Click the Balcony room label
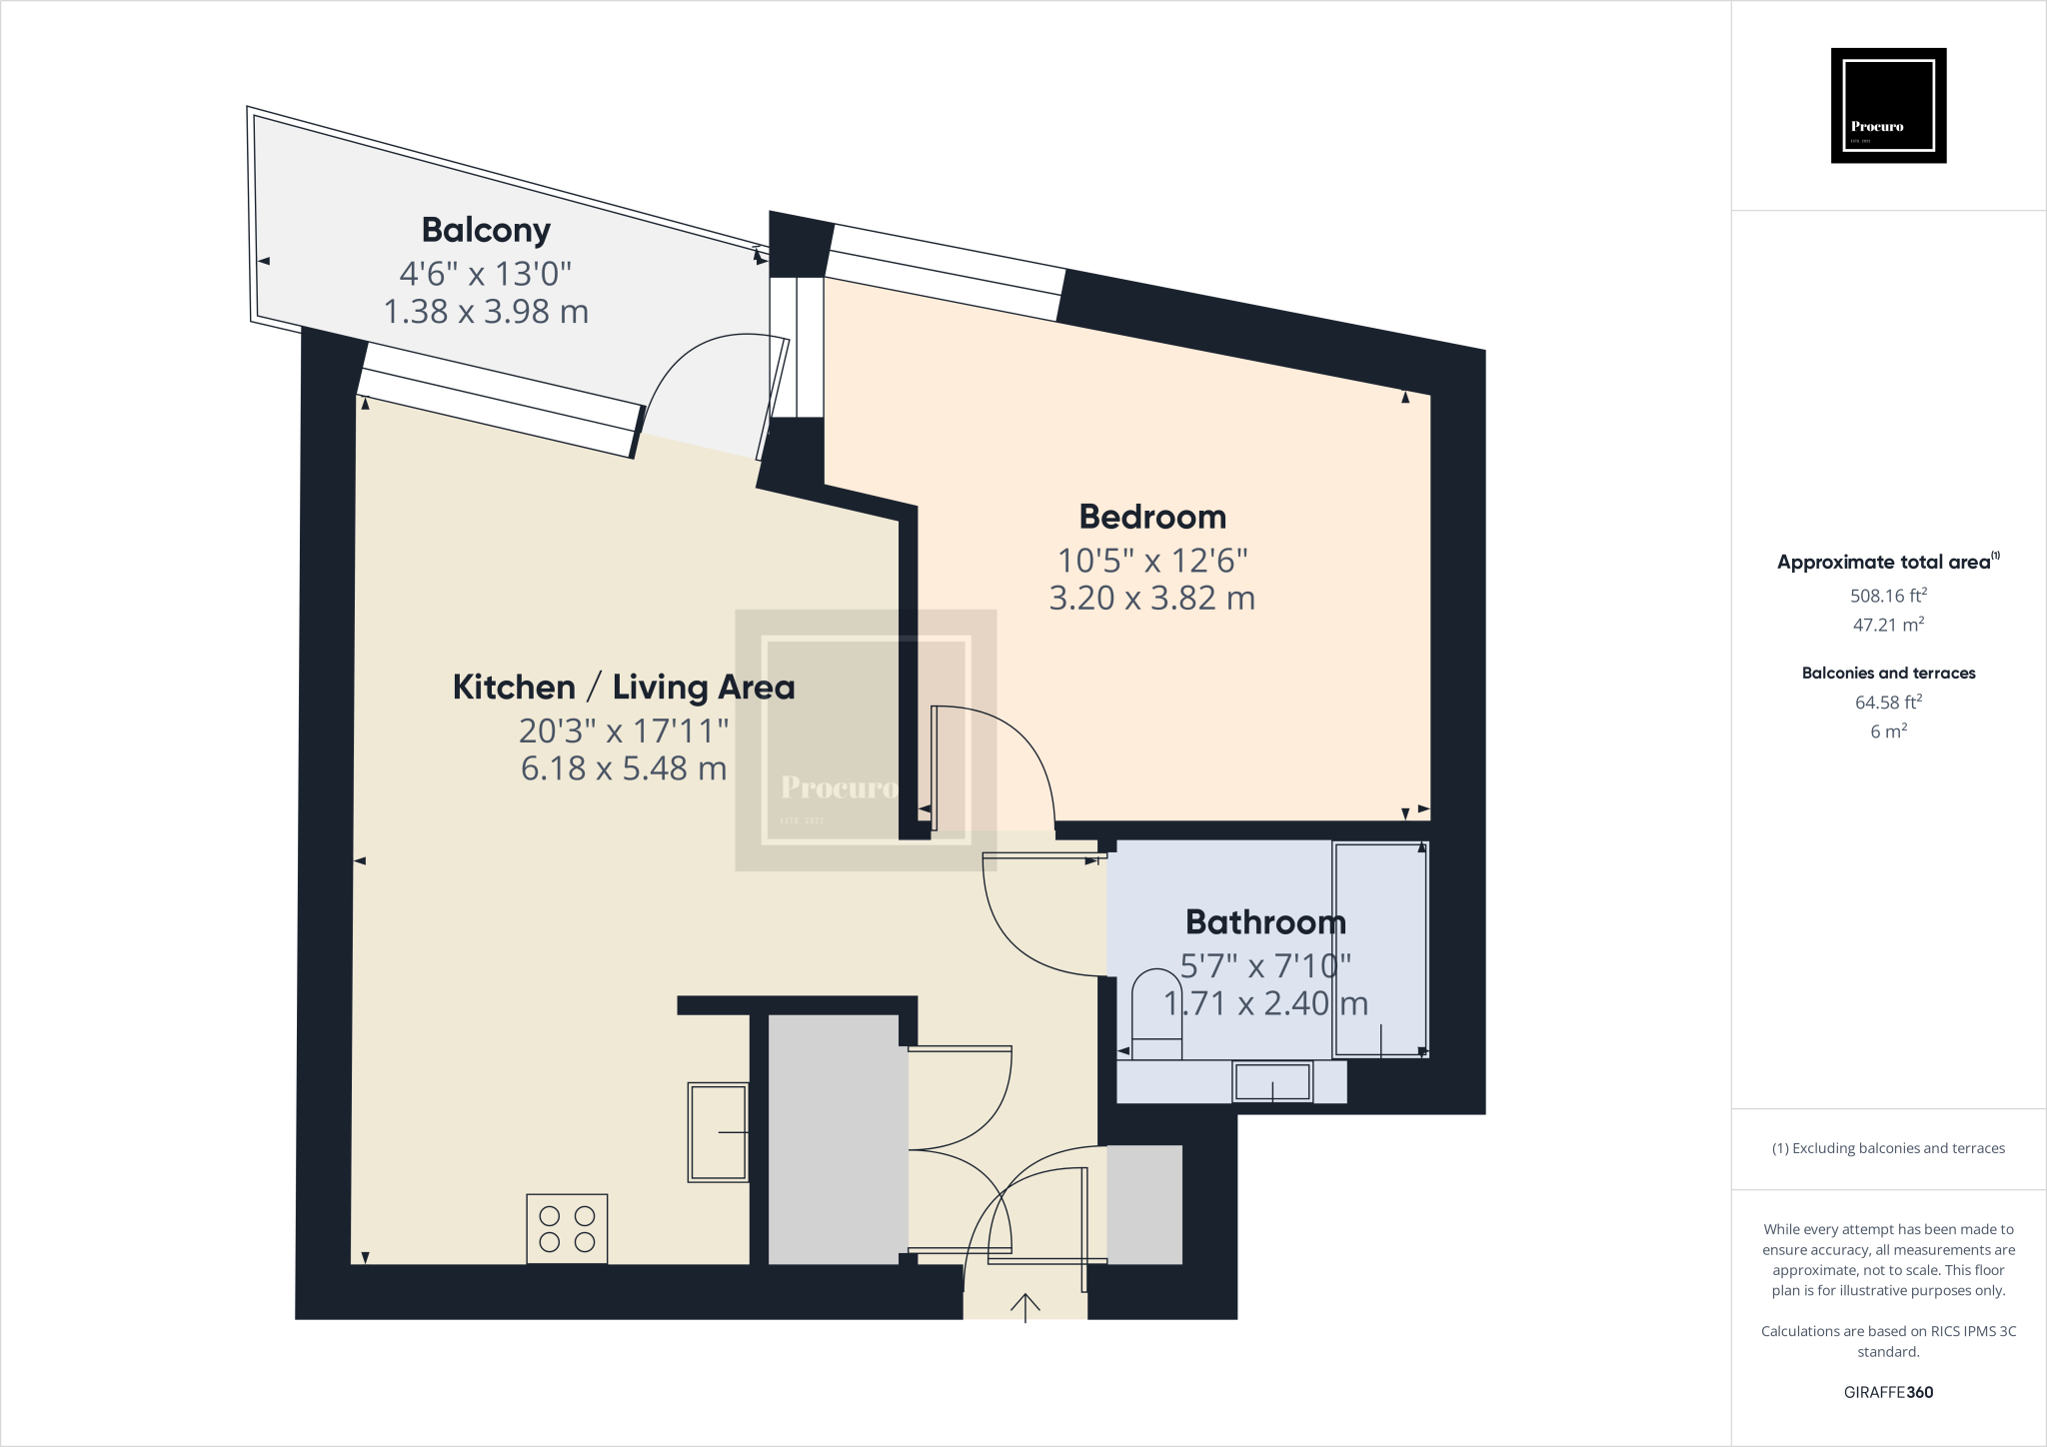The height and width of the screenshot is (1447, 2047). tap(486, 230)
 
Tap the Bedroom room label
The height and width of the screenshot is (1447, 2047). tap(1152, 517)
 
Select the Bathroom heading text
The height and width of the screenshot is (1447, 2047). tap(1265, 921)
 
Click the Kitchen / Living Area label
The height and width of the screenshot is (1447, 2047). tap(624, 688)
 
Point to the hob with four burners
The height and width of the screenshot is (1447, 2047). tap(567, 1229)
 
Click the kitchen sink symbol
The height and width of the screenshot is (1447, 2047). tap(718, 1132)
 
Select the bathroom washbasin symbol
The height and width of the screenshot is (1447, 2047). tap(1272, 1081)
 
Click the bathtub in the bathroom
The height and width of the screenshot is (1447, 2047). tap(1380, 949)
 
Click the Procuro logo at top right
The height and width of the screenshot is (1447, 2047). tap(1888, 105)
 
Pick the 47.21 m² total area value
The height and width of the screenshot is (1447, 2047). tap(1888, 625)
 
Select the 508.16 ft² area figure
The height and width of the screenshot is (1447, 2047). tap(1888, 596)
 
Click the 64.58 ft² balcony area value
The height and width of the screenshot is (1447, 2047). tap(1888, 703)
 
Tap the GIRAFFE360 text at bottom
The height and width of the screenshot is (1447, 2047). tap(1888, 1392)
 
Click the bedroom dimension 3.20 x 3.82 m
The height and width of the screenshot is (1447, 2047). tap(1151, 598)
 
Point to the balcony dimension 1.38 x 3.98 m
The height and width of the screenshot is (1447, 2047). tap(486, 312)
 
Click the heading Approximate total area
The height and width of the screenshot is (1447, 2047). tap(1884, 562)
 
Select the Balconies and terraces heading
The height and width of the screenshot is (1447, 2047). tap(1888, 674)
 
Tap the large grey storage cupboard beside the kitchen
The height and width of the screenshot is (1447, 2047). tap(834, 1139)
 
